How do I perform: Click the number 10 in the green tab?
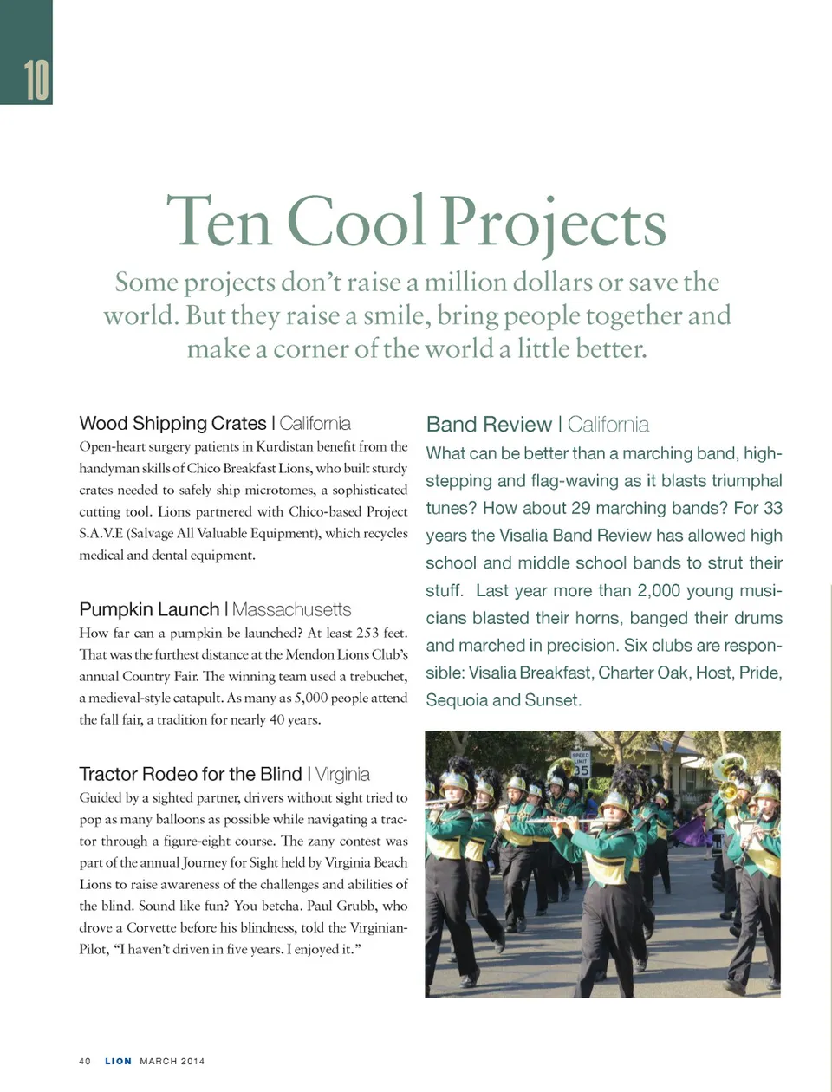[x=36, y=81]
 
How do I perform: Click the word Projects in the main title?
[x=553, y=222]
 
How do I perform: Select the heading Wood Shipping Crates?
[x=172, y=423]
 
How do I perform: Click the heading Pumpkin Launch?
[x=149, y=609]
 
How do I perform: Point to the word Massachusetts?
[x=292, y=609]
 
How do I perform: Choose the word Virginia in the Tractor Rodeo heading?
[x=342, y=774]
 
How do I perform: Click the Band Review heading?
[x=489, y=425]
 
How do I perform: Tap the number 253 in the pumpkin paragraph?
[x=367, y=634]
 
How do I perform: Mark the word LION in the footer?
[x=118, y=1061]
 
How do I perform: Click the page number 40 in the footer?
[x=85, y=1061]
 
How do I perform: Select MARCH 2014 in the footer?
[x=172, y=1061]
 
